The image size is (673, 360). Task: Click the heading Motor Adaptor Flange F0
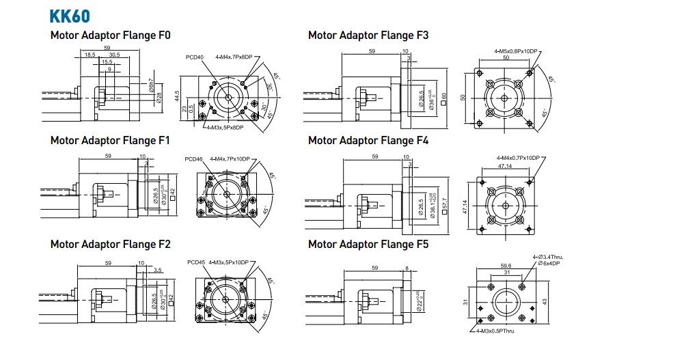click(x=111, y=35)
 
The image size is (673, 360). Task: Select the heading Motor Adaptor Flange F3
click(x=368, y=35)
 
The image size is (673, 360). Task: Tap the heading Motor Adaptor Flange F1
click(x=111, y=140)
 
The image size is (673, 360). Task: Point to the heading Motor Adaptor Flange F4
click(x=368, y=141)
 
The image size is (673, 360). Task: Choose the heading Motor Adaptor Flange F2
click(x=111, y=244)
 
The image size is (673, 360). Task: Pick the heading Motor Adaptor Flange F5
click(x=368, y=244)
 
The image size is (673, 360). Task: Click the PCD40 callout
click(x=194, y=57)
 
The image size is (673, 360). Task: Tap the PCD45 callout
click(x=195, y=262)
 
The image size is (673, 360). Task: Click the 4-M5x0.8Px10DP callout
click(x=517, y=52)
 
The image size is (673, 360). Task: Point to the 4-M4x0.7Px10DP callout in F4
click(x=517, y=158)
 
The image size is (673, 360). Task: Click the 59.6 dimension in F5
click(x=506, y=266)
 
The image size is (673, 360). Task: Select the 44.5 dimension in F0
click(x=176, y=94)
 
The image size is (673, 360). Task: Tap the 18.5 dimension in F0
click(x=90, y=54)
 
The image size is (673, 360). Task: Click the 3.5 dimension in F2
click(x=158, y=270)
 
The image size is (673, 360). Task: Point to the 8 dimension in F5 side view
click(x=407, y=268)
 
